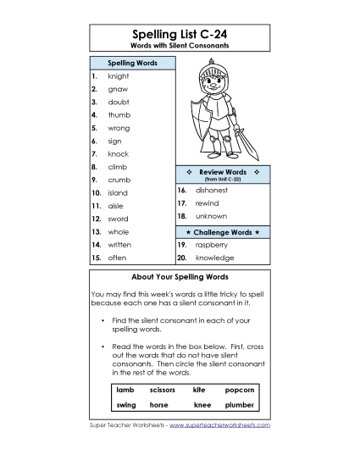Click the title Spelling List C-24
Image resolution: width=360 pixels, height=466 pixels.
tap(180, 32)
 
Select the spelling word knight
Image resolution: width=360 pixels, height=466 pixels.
tap(119, 75)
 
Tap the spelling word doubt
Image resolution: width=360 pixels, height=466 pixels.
tap(119, 102)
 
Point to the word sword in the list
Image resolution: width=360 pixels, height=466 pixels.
tap(118, 218)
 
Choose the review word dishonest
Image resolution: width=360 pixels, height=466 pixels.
tap(212, 191)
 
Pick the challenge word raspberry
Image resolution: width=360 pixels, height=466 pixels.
tap(212, 244)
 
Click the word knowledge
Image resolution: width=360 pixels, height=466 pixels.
tap(214, 257)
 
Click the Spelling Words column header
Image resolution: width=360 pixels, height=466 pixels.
tap(131, 63)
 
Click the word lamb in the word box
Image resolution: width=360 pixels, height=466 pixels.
tap(125, 389)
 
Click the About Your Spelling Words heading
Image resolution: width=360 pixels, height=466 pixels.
tap(180, 276)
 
